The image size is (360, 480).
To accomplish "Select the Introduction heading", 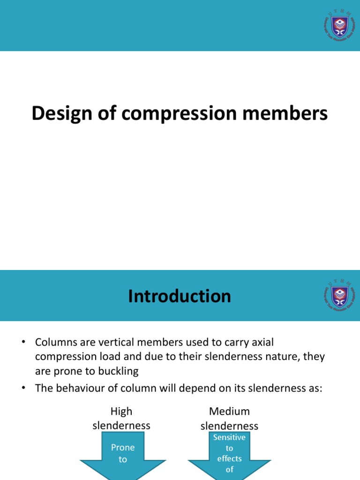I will click(x=180, y=296).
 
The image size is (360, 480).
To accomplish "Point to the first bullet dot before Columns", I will click(x=22, y=343).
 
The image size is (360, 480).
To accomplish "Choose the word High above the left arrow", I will click(x=121, y=412).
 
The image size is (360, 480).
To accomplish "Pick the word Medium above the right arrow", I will click(x=229, y=412).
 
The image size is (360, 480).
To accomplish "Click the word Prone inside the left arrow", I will click(x=123, y=448).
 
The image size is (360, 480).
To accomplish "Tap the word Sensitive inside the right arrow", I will click(x=229, y=437).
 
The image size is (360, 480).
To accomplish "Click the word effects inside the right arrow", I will click(x=229, y=458).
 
